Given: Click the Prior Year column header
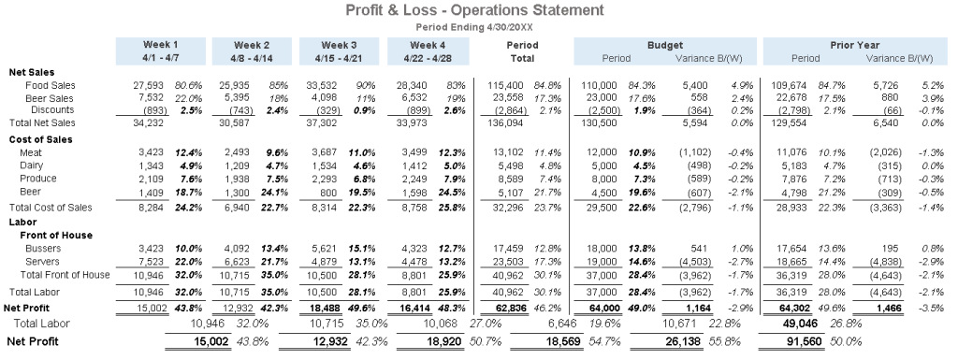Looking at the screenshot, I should coord(853,45).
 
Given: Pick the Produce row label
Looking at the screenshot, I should coord(45,178).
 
